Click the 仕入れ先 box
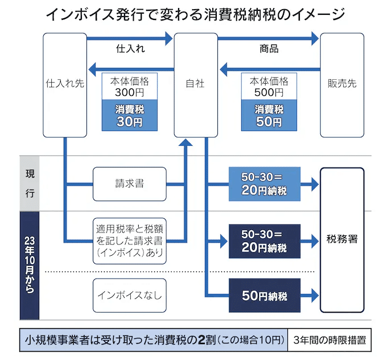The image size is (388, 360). [x=65, y=84]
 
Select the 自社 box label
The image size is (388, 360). [x=195, y=84]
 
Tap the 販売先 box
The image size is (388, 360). [x=342, y=84]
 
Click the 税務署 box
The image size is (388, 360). [x=342, y=239]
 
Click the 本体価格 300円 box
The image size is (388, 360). [x=129, y=86]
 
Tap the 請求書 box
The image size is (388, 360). [x=129, y=185]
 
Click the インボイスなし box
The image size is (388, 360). [x=129, y=295]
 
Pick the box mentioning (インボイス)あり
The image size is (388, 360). [x=129, y=240]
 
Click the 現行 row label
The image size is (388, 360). [x=30, y=183]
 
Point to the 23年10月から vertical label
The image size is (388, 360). [x=30, y=265]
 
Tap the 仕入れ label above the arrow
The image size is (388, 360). [x=130, y=49]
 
